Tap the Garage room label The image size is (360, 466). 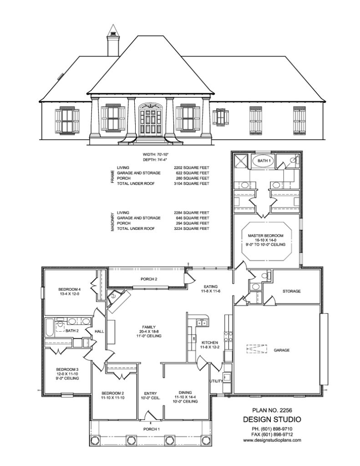pos(282,350)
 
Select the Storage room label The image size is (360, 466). pos(291,291)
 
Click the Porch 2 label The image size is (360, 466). pos(149,279)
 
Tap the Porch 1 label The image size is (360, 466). pos(152,429)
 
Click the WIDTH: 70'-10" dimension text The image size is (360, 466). pos(155,155)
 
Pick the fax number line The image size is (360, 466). pos(270,434)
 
